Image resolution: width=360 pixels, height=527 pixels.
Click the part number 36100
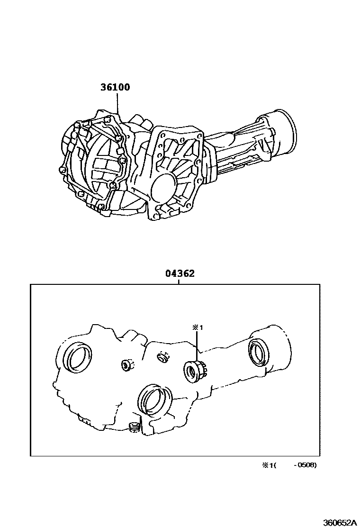point(115,88)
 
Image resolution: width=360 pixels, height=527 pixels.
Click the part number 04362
point(180,274)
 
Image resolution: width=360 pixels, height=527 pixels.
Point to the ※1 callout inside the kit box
point(197,327)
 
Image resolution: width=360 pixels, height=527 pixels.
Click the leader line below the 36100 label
point(117,102)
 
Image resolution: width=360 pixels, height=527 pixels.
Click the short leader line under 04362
point(179,282)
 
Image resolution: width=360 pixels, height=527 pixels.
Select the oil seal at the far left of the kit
point(79,358)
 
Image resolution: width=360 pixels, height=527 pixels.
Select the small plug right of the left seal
point(127,365)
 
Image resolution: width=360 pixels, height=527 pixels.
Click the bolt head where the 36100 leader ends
point(117,115)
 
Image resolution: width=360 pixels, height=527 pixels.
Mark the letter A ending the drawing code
point(353,522)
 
